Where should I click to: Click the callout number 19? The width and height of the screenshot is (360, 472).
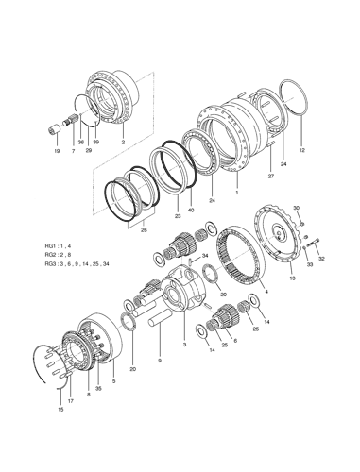pos(56,150)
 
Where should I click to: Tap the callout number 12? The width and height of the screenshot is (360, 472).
pos(301,150)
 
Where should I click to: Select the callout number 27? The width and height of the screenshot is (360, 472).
pos(269,176)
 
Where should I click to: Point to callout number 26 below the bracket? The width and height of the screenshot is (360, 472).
pos(144,228)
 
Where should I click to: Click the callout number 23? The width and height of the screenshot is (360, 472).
pos(177,216)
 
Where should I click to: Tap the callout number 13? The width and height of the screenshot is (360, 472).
pos(292,279)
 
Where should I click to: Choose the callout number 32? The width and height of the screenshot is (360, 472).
pos(322,258)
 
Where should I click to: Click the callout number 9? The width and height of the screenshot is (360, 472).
pos(160,361)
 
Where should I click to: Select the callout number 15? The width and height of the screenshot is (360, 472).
pos(60,411)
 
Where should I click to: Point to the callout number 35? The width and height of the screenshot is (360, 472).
pos(96,388)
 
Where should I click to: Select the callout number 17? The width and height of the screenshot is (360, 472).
pos(70,401)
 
